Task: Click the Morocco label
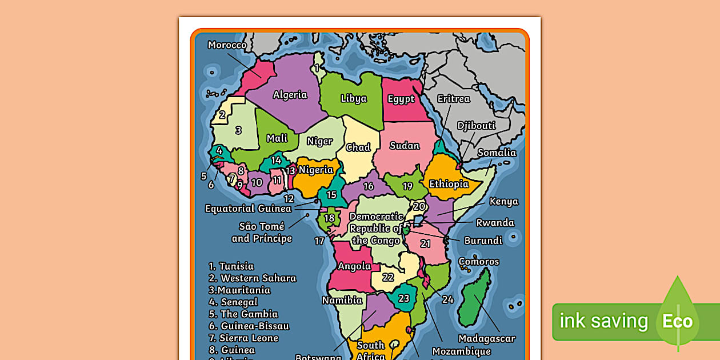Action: (x=227, y=45)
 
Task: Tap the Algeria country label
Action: (x=290, y=95)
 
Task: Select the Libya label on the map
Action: (x=353, y=98)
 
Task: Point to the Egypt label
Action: (x=401, y=99)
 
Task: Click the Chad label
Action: (x=358, y=147)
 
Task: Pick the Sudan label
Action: (x=405, y=146)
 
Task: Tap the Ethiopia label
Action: (x=449, y=184)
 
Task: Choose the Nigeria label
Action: (x=315, y=170)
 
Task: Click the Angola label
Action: (x=354, y=266)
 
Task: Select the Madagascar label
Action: (x=487, y=338)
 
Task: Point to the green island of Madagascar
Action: (x=475, y=297)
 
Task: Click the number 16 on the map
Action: (x=369, y=186)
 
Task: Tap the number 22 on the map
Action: (x=388, y=277)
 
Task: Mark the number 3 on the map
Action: (x=238, y=130)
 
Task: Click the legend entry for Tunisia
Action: (x=231, y=266)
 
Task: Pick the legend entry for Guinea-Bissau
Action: (x=249, y=326)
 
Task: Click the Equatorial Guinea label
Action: (x=248, y=209)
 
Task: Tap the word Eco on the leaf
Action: (x=677, y=321)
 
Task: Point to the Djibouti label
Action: (x=476, y=126)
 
